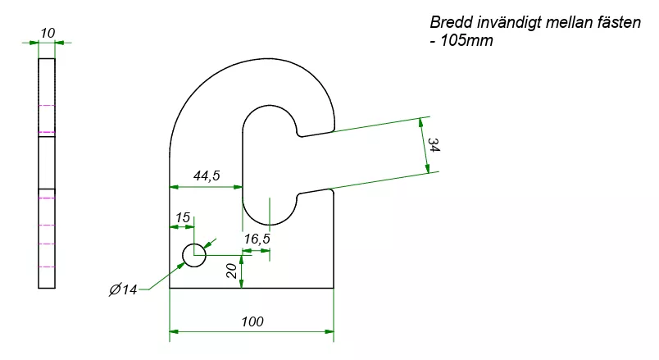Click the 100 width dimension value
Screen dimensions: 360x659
(252, 321)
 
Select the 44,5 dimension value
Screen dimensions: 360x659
(206, 175)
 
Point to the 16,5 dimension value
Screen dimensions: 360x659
(257, 239)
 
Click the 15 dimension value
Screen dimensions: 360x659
(182, 217)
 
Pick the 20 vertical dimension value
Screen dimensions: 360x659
(232, 271)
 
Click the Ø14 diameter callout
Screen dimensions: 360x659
(123, 289)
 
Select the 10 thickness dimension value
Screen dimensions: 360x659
(47, 32)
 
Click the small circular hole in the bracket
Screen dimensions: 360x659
(194, 255)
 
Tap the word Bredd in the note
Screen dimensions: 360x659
(450, 23)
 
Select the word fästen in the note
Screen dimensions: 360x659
(617, 23)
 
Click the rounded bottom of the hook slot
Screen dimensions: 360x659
(270, 223)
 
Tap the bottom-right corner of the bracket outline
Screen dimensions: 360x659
(334, 289)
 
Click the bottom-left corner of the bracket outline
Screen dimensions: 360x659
(170, 289)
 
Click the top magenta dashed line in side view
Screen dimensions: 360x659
(47, 107)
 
